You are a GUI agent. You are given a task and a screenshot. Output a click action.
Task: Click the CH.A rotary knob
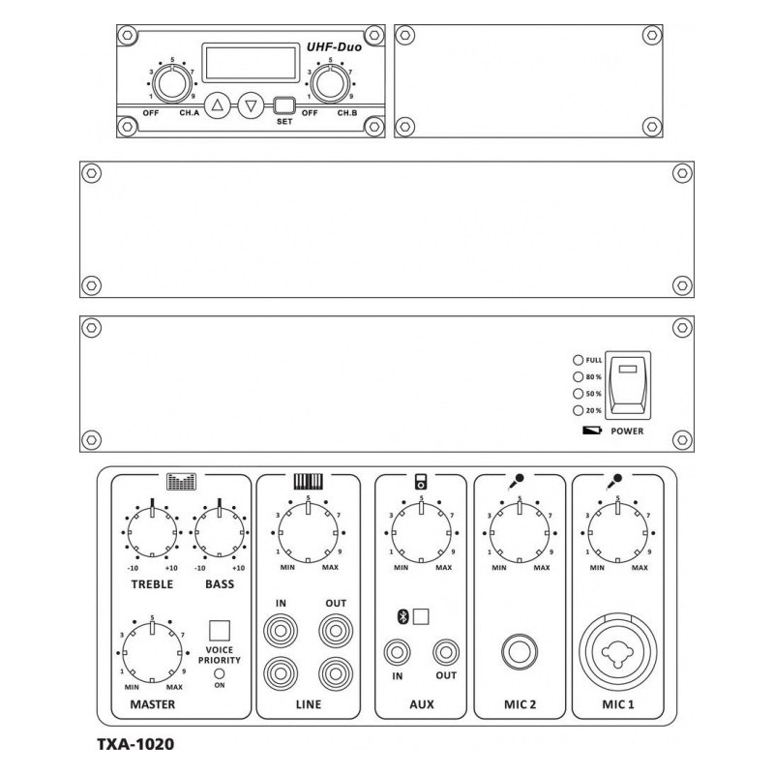(x=171, y=85)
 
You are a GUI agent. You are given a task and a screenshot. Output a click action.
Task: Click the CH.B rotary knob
(x=330, y=85)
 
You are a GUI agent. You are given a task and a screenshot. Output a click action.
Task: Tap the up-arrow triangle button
(x=219, y=106)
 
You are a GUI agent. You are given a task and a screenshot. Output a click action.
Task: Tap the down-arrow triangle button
(x=251, y=106)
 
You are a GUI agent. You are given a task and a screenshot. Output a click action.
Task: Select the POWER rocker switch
(x=627, y=384)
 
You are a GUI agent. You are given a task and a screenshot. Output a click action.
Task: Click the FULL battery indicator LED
(x=579, y=360)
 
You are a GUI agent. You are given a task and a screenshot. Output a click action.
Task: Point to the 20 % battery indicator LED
(x=579, y=411)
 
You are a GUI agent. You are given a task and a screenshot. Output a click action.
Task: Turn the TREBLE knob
(x=152, y=530)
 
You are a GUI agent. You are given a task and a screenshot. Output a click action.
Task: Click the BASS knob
(x=220, y=530)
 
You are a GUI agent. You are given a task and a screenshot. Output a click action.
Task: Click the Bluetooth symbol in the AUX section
(x=402, y=615)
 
